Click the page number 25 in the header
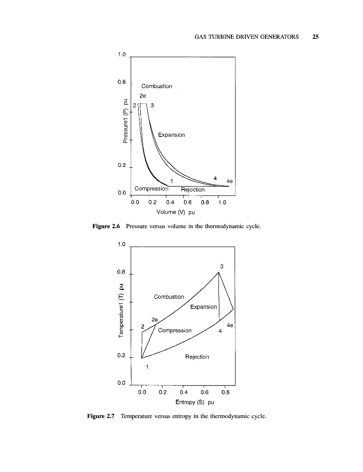tap(315, 37)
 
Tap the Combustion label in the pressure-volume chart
tap(157, 86)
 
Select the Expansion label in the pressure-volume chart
tap(171, 135)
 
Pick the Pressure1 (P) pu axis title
tap(126, 122)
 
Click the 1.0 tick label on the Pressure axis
tap(121, 55)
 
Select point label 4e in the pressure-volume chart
tap(230, 181)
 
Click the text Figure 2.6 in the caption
tap(106, 226)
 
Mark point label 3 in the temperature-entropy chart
tap(222, 266)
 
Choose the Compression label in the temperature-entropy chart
tap(175, 330)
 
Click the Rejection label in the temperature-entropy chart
tap(197, 357)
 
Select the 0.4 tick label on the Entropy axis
tap(183, 392)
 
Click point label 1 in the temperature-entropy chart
tap(147, 367)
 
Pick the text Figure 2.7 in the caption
tap(100, 417)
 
